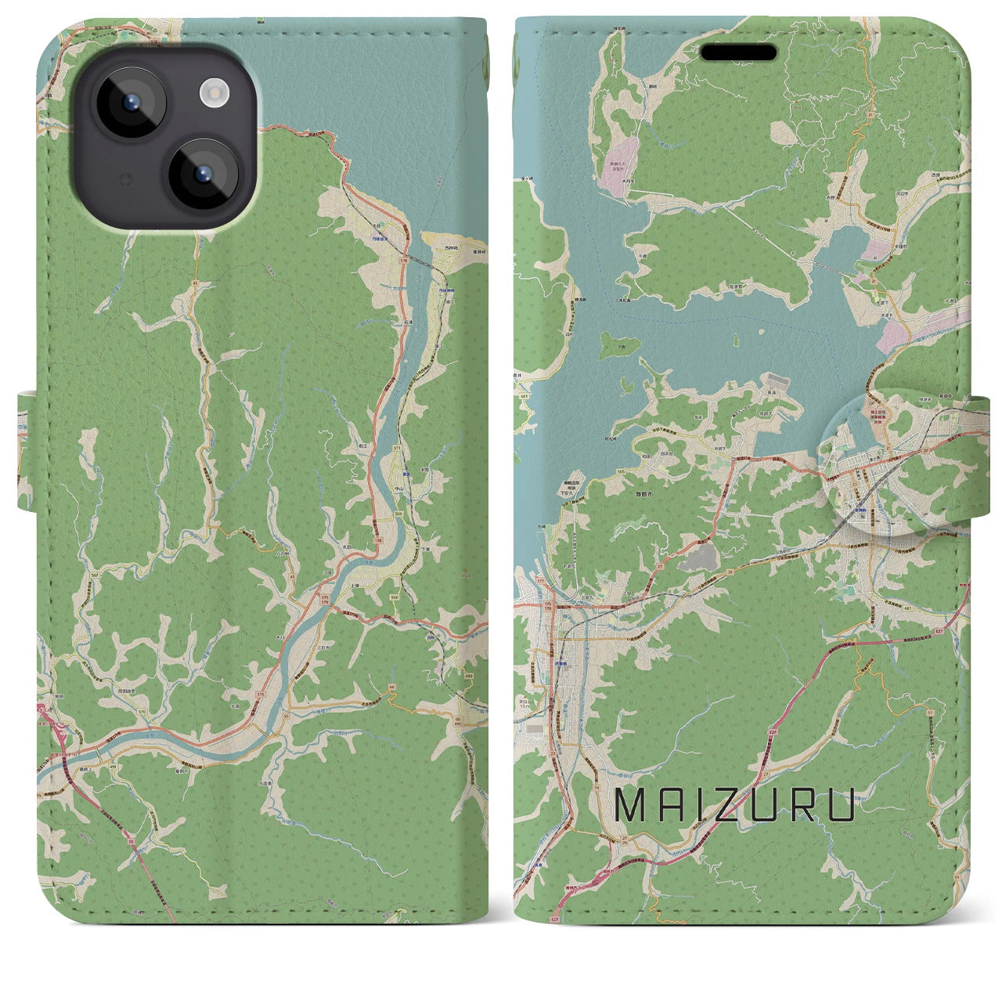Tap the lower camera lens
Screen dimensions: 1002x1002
203,173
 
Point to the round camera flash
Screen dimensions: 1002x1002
213,94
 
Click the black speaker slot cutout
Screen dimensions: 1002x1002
737,52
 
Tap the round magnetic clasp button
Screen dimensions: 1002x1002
874,467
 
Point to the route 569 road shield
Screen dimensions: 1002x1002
398,514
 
